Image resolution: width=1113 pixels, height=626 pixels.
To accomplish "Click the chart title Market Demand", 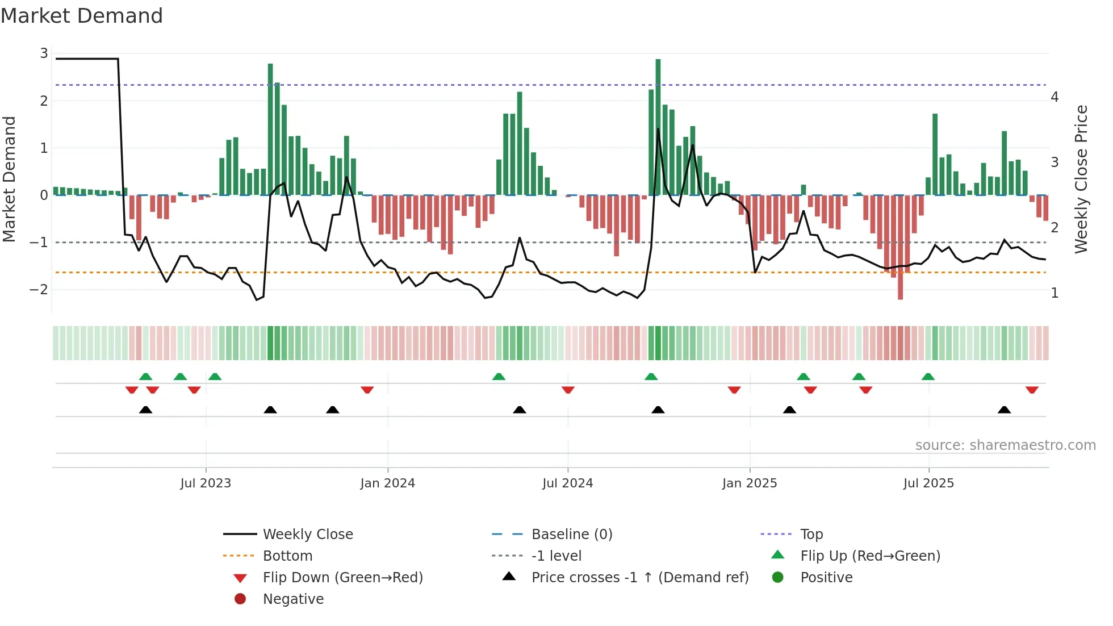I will pos(82,15).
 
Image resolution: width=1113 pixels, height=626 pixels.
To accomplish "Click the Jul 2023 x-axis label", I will pos(206,483).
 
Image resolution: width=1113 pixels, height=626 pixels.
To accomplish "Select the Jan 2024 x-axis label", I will pos(387,483).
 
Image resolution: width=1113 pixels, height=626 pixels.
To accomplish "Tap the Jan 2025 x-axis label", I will pos(749,483).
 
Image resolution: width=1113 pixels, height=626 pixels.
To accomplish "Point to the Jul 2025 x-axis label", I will pos(928,483).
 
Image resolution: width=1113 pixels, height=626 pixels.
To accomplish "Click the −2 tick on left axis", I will pos(39,290).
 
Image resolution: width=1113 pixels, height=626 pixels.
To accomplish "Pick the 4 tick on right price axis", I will pos(1055,97).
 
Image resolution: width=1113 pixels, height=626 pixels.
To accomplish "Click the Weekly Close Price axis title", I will pos(1081,179).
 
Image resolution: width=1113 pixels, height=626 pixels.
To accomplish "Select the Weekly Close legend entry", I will pos(307,535).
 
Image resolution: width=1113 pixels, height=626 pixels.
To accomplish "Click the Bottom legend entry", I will pos(287,556).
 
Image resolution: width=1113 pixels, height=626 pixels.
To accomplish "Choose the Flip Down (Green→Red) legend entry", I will pos(342,578).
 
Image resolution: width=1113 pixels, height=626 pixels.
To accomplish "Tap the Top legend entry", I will pos(811,535).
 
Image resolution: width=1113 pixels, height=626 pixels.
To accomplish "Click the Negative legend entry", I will pos(293,599).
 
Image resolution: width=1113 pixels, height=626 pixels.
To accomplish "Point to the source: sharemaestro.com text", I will pos(1005,445).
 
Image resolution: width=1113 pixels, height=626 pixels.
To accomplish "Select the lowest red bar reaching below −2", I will pos(900,250).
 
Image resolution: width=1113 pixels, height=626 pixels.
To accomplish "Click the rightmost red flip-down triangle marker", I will pos(1032,390).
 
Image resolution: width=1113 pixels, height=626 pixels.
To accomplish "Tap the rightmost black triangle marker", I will pos(1004,410).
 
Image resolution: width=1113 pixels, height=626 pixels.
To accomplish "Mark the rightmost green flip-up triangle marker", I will pos(928,377).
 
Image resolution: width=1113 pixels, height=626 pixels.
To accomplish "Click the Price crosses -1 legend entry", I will pos(639,578).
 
